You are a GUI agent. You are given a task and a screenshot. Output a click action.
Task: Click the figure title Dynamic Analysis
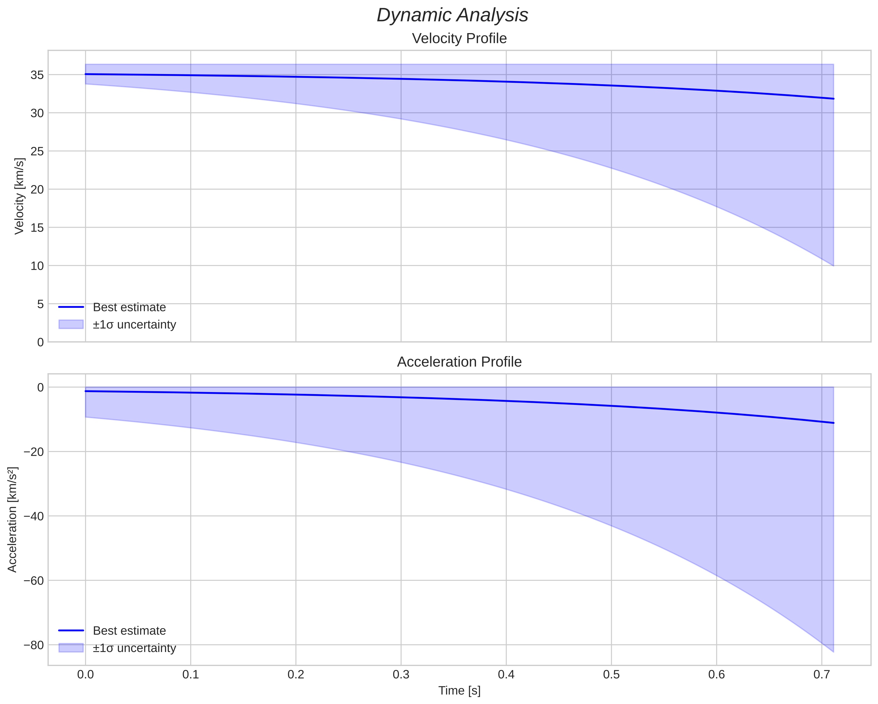452,15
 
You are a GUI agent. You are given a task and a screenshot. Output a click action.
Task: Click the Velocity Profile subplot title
459,38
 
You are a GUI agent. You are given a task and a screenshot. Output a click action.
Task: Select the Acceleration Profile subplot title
459,362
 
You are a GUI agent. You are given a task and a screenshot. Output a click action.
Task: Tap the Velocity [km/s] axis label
19,196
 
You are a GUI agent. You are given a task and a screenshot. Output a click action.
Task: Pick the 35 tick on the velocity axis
37,75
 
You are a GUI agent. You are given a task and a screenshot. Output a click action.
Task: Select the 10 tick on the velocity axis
37,266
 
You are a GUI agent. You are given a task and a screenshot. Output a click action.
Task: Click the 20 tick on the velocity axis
37,189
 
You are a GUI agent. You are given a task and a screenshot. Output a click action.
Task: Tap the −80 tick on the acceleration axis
34,645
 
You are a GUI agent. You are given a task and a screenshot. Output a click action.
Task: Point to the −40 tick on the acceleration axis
34,516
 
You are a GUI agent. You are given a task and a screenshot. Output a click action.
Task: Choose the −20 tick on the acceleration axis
34,452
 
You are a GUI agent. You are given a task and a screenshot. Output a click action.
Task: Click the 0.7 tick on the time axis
822,675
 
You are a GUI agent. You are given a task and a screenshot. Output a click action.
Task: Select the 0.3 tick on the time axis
401,675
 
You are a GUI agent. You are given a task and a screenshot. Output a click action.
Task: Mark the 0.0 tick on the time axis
86,675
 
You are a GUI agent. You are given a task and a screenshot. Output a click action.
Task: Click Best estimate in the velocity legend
129,307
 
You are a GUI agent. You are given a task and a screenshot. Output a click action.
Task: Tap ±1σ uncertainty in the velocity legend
134,325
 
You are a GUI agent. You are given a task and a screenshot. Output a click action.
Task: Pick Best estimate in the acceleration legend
129,631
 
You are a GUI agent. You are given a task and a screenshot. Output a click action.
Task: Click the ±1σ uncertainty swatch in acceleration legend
71,648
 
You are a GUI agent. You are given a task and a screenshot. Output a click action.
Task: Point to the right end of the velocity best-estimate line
833,98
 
